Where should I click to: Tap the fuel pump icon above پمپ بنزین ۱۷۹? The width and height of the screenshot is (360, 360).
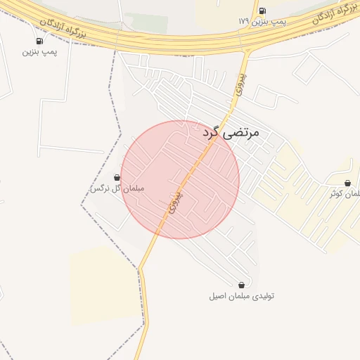pos(262,11)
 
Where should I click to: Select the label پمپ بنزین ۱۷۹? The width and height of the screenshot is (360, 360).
pos(263,21)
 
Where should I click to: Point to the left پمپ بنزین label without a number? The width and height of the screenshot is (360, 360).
pos(39,51)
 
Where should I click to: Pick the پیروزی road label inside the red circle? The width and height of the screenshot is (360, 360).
pos(174,202)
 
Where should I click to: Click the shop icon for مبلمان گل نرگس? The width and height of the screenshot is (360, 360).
pos(117,178)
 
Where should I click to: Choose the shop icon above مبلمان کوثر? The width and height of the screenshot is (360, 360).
pos(347,184)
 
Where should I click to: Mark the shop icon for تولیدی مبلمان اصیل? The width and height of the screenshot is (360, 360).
pos(242,285)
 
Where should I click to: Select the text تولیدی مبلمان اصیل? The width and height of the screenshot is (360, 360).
pos(240,296)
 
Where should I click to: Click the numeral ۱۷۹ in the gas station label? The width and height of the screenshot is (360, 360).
pos(244,21)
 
